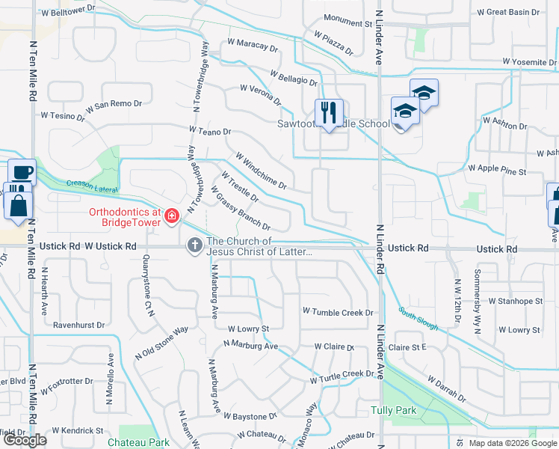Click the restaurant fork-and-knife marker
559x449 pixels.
click(329, 113)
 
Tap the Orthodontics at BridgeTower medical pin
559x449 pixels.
click(172, 217)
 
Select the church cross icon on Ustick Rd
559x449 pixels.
click(195, 245)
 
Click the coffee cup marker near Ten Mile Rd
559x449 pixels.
click(22, 172)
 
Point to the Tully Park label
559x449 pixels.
click(393, 410)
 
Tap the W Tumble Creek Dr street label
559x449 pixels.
click(337, 311)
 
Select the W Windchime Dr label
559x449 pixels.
click(261, 171)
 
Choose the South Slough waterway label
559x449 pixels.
click(417, 321)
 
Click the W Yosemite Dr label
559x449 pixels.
click(529, 61)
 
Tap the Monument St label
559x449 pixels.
click(348, 23)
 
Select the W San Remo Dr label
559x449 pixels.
click(112, 103)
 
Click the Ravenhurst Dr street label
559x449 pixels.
click(78, 326)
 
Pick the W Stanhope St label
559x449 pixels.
click(515, 301)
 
